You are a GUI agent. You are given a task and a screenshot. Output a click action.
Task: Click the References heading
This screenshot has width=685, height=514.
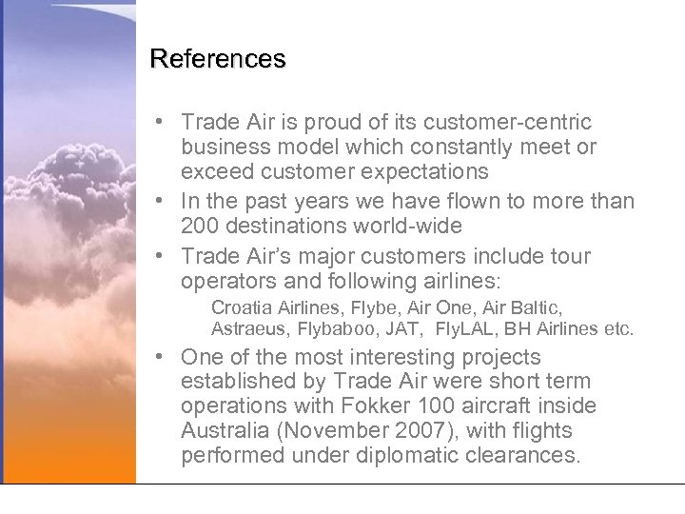[218, 59]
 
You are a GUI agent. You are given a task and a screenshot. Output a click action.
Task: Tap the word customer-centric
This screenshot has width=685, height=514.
[511, 123]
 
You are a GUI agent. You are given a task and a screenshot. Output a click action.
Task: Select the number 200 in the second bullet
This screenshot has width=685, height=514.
[201, 227]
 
